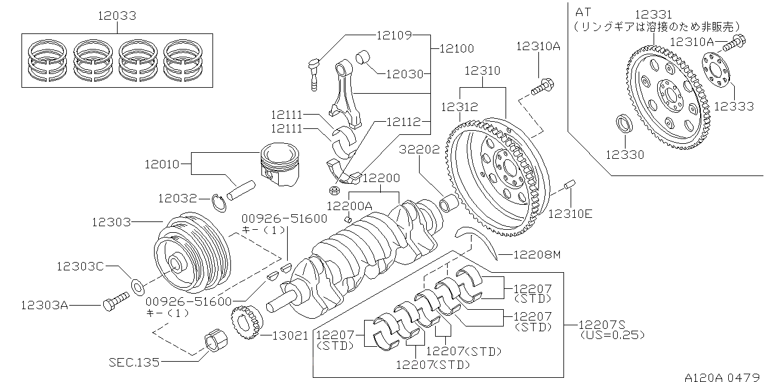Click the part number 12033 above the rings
[117, 16]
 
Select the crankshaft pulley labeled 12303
[191, 254]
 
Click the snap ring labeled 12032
[221, 203]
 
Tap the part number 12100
[457, 48]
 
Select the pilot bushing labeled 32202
[448, 203]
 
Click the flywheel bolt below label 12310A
[541, 87]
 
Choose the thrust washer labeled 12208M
[478, 240]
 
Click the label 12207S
[602, 325]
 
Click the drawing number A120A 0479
[723, 377]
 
